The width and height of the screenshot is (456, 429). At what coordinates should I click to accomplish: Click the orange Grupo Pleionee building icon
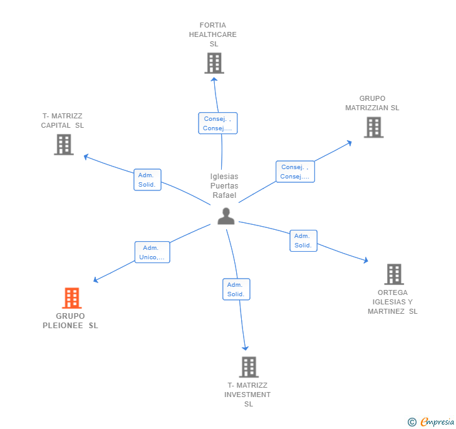pos(72,298)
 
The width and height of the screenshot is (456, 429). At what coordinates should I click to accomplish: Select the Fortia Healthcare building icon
pos(214,63)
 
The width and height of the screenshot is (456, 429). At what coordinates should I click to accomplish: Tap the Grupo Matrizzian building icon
pos(374,127)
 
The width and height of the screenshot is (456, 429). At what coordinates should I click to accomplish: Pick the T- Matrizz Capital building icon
pos(64,145)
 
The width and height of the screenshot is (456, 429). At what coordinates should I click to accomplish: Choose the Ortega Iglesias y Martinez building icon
pos(394,274)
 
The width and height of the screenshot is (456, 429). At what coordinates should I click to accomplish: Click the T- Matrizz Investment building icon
pos(249,367)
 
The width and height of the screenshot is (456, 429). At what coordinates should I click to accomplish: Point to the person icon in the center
pos(226,216)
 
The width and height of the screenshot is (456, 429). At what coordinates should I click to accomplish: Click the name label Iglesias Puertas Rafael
pos(224,186)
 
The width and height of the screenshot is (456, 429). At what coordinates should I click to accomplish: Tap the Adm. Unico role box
pos(152,252)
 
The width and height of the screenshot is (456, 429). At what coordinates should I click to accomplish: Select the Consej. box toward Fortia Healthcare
pos(218,123)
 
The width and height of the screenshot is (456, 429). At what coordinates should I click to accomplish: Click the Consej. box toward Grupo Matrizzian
pos(295,172)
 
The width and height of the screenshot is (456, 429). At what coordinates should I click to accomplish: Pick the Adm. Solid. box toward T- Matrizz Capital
pos(147,180)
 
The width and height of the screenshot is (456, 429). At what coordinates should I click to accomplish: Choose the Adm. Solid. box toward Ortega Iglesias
pos(303,240)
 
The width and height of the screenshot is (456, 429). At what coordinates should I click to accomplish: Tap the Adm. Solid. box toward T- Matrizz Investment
pos(236,289)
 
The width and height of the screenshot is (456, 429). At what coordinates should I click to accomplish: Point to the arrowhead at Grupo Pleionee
pos(95,280)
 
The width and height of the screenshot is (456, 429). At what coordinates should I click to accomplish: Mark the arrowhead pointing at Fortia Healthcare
pos(214,80)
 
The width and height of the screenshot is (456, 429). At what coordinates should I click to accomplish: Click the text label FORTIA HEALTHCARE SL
pos(213,34)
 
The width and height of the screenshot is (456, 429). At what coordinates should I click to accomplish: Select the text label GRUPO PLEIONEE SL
pos(70,321)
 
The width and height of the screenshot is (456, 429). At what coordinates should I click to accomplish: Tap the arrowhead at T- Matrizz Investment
pos(246,348)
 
